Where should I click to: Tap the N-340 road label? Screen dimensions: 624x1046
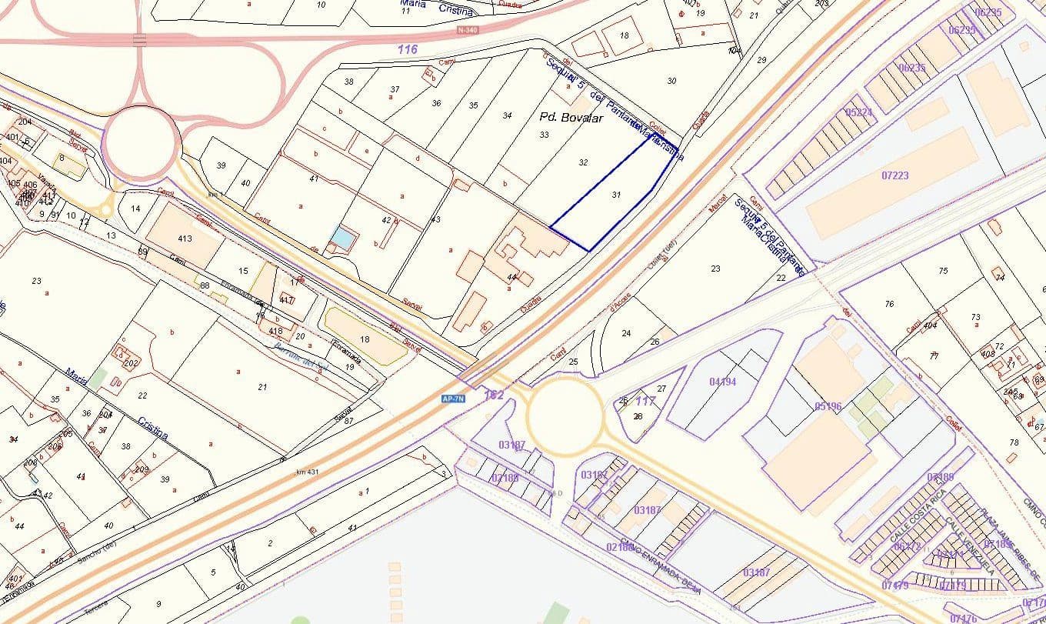coord(466,30)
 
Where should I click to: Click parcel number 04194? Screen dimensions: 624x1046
coord(722,381)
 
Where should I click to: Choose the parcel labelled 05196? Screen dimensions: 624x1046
coord(828,405)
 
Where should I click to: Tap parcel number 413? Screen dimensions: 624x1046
coord(185,239)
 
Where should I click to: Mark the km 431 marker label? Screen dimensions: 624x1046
coord(307,471)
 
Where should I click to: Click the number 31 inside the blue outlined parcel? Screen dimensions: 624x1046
coord(615,195)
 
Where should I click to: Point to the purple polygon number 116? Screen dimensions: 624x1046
coord(408,49)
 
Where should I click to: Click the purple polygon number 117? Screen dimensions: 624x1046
coord(645,401)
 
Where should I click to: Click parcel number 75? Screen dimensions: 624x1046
coord(943,271)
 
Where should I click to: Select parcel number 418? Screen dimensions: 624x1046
coord(276,331)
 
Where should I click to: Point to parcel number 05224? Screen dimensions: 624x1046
coord(858,112)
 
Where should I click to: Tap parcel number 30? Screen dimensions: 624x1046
coord(671,81)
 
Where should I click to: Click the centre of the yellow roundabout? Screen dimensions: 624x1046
coord(565,416)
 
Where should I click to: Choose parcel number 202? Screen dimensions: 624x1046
coord(131,363)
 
